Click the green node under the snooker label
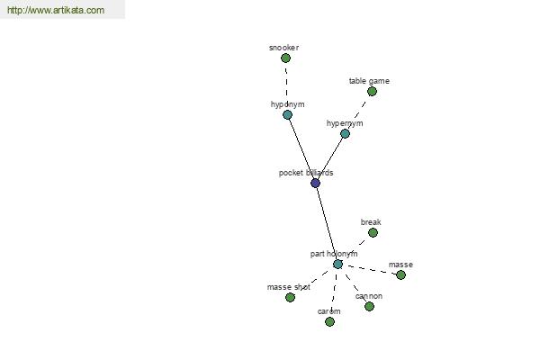pos(285,58)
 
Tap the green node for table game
pos(372,92)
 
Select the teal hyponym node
pos(288,114)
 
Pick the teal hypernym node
pos(345,134)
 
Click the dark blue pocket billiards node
pos(316,184)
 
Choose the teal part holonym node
pos(337,265)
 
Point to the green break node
pos(373,233)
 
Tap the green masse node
pos(400,274)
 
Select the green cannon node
pos(370,306)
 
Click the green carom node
pos(329,322)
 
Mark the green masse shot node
pos(291,297)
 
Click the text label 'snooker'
pos(283,48)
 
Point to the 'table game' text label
pos(369,81)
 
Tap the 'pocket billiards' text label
pos(306,173)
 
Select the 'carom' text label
pos(328,311)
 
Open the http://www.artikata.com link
pos(56,10)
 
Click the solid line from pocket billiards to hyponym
pos(301,148)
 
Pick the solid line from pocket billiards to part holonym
pos(327,224)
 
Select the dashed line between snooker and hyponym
pos(286,86)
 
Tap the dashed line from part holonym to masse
pos(369,270)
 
